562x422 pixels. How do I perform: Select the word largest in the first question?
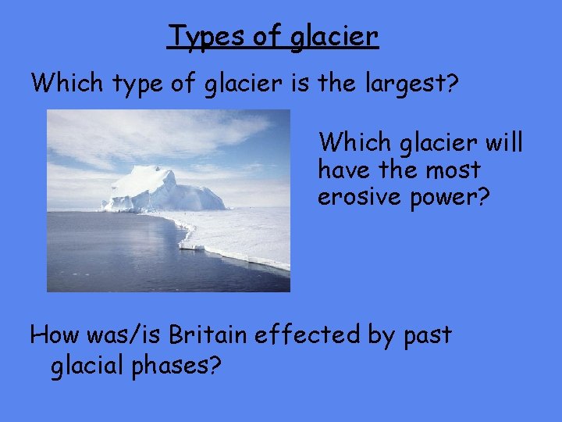(406, 82)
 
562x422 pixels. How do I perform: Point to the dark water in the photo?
(109, 250)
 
